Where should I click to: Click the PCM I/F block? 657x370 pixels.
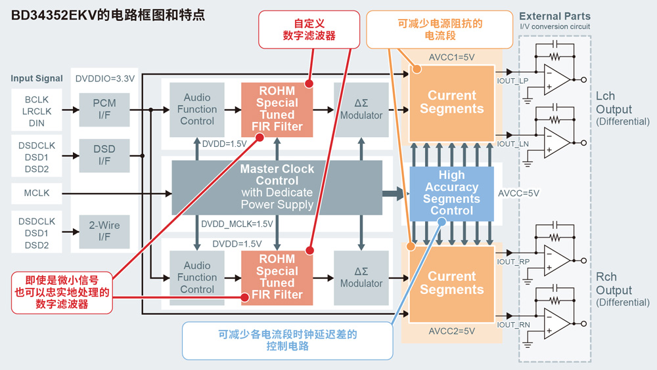point(104,109)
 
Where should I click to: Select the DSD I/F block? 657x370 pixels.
point(104,155)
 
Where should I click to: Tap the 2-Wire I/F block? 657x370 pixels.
point(104,231)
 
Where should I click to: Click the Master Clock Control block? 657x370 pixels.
point(277,187)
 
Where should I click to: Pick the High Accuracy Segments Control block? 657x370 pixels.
point(451,193)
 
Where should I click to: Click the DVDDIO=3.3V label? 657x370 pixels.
point(105,79)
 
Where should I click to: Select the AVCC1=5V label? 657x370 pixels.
point(451,57)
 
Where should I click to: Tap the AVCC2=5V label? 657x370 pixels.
point(451,331)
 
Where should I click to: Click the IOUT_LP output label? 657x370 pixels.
point(513,80)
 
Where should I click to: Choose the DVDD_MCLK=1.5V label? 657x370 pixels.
point(237,224)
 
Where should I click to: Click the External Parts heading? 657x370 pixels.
point(555,16)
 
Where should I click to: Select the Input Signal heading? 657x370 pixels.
point(37,79)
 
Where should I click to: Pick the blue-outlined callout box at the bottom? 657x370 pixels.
point(287,340)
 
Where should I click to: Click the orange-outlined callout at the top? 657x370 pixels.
point(440,29)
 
